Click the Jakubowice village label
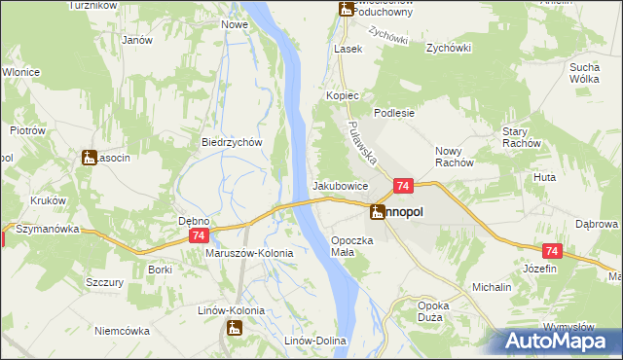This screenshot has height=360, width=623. click(x=340, y=185)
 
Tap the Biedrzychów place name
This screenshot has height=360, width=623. click(x=233, y=142)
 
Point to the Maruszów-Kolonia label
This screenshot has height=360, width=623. click(x=249, y=253)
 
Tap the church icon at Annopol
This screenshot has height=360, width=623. click(x=377, y=210)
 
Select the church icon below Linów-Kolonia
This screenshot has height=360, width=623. click(x=234, y=329)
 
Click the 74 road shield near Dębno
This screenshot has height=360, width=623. click(x=200, y=236)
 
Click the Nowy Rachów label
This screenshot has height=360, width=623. click(x=454, y=157)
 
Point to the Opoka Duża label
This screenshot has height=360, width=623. click(x=432, y=311)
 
